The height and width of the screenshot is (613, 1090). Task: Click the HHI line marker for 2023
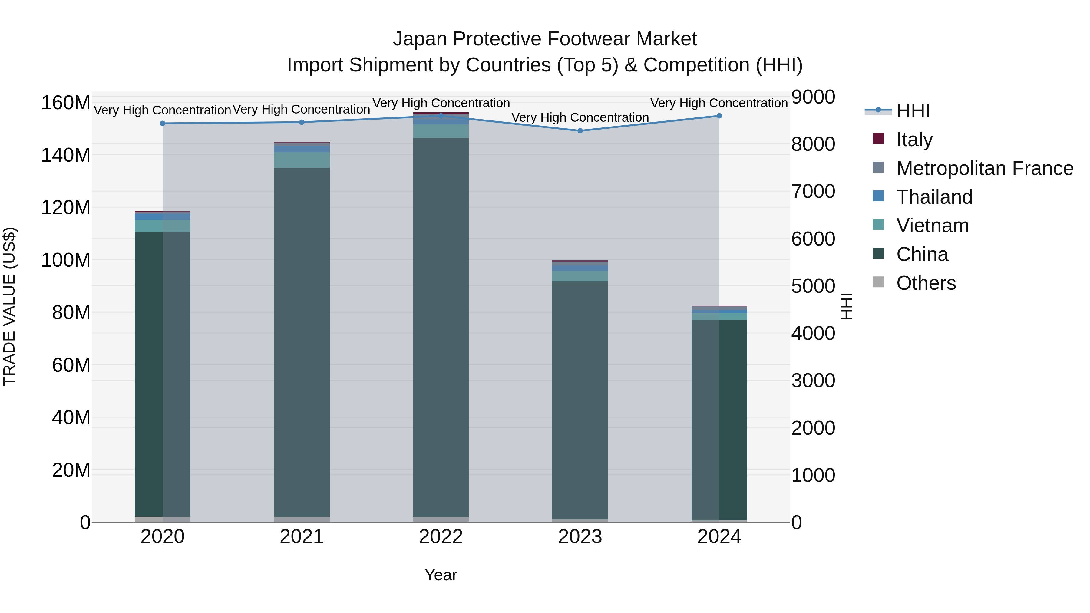pyautogui.click(x=580, y=131)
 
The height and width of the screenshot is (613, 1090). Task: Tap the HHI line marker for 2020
pyautogui.click(x=163, y=124)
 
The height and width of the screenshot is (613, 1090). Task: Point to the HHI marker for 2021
pyautogui.click(x=302, y=122)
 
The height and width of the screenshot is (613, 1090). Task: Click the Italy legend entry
pyautogui.click(x=914, y=140)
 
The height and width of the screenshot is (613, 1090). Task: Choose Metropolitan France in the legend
pyautogui.click(x=984, y=168)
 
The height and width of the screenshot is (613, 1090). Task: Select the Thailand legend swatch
pyautogui.click(x=878, y=196)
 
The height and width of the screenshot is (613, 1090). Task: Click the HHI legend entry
pyautogui.click(x=913, y=111)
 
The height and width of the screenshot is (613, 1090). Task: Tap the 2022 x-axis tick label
pyautogui.click(x=441, y=537)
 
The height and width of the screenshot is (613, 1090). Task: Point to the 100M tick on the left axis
pyautogui.click(x=66, y=260)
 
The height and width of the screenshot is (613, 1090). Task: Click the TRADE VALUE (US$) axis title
pyautogui.click(x=10, y=306)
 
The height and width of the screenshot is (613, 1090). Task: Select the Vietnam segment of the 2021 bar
pyautogui.click(x=302, y=160)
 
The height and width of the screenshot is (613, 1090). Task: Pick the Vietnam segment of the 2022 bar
pyautogui.click(x=441, y=131)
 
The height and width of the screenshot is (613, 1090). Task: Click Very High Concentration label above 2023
pyautogui.click(x=580, y=118)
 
